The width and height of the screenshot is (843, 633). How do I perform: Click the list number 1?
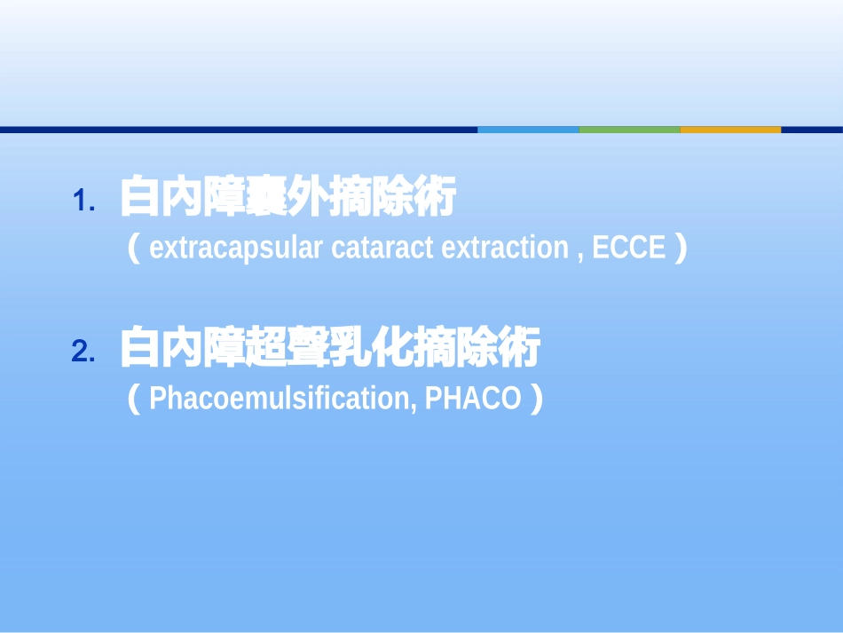coord(83,202)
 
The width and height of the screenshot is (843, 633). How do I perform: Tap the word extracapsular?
coord(235,249)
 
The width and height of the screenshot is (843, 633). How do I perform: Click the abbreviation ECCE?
coord(627,249)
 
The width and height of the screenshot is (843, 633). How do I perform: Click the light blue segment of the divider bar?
coord(528,130)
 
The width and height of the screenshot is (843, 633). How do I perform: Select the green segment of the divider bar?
coord(629,130)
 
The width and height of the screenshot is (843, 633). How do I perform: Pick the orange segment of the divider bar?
coord(730,130)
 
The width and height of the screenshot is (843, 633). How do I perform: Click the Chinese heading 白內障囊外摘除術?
coord(288,198)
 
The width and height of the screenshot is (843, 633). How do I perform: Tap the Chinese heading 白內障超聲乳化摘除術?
coord(329,349)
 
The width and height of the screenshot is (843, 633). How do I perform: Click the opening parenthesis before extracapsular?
coord(135,248)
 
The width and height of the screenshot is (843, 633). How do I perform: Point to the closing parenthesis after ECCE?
coord(680,248)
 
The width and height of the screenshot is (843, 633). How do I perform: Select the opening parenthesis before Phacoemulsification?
coord(135,399)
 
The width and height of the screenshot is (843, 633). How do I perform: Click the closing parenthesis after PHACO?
coord(534,399)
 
